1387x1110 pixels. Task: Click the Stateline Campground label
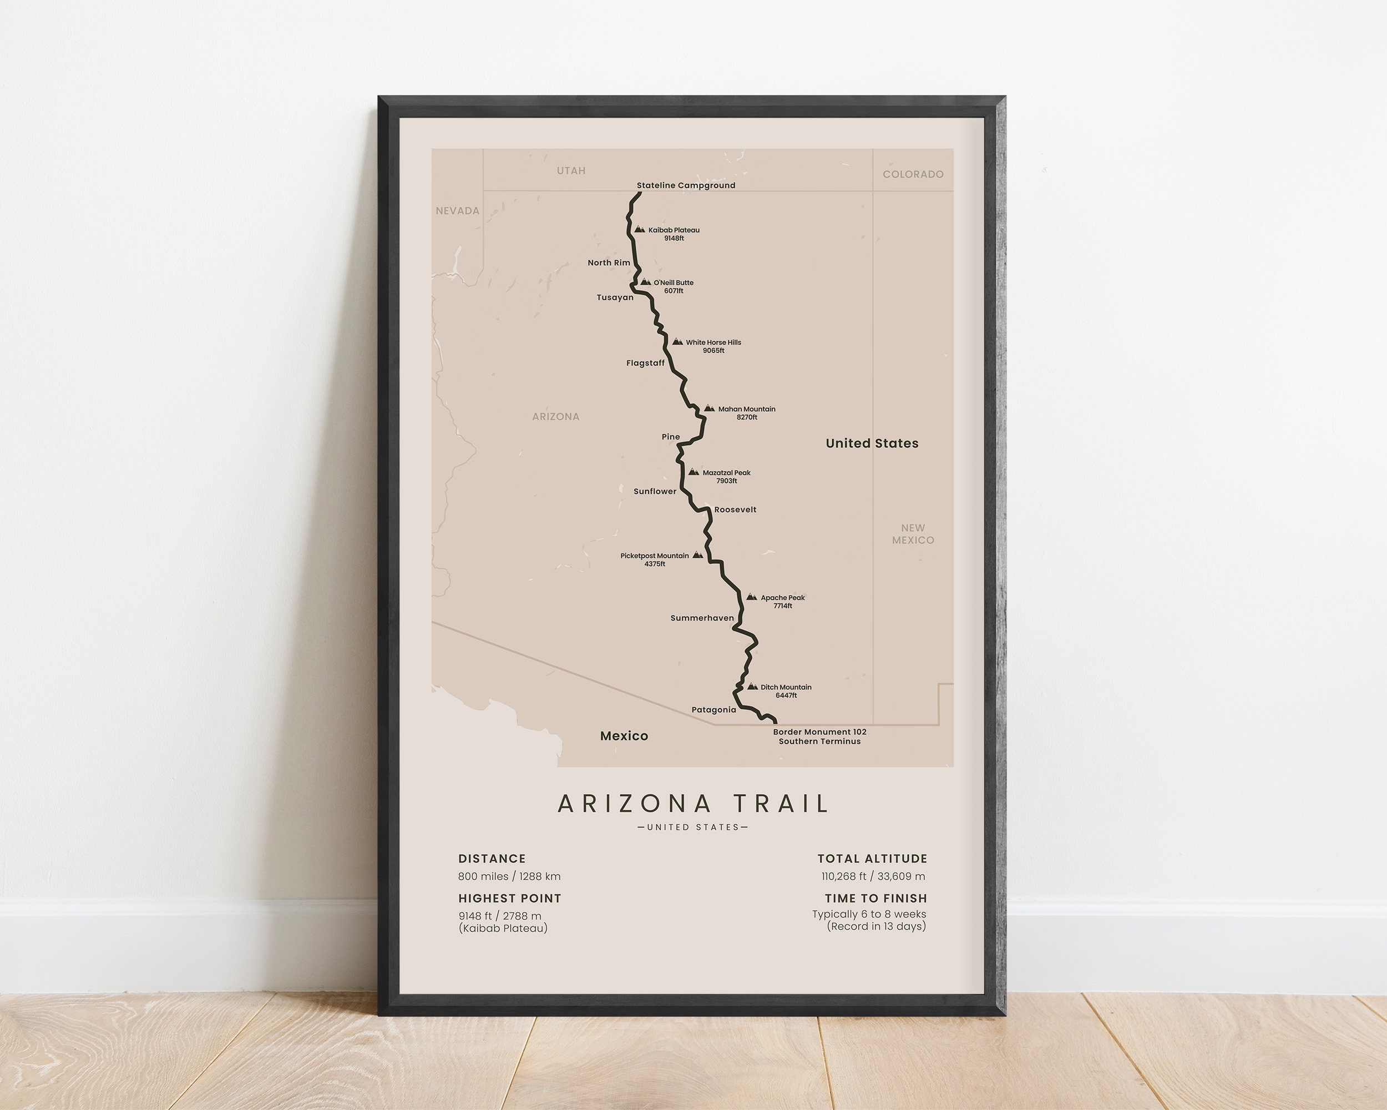click(686, 185)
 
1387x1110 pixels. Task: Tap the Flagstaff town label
click(645, 363)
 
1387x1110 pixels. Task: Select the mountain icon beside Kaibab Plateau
click(640, 229)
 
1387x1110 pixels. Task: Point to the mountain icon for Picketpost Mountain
click(697, 554)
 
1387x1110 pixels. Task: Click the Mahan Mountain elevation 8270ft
click(746, 417)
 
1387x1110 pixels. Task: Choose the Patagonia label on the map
click(713, 710)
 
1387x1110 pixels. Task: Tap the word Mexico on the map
click(624, 735)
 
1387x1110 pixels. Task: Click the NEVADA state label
click(457, 210)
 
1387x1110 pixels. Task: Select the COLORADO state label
click(913, 174)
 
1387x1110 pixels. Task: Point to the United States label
click(872, 443)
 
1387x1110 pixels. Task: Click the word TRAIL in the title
click(781, 804)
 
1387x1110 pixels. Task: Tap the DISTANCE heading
click(492, 859)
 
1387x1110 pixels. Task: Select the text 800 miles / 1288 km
click(509, 876)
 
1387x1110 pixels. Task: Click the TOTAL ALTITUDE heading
click(872, 859)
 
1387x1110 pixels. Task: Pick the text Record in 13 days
click(876, 927)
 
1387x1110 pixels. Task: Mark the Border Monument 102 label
click(819, 731)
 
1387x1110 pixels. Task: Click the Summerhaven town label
click(702, 618)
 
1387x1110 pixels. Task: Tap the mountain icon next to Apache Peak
click(751, 597)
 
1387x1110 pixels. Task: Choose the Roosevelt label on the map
click(735, 509)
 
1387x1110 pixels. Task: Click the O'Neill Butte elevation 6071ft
click(674, 291)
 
